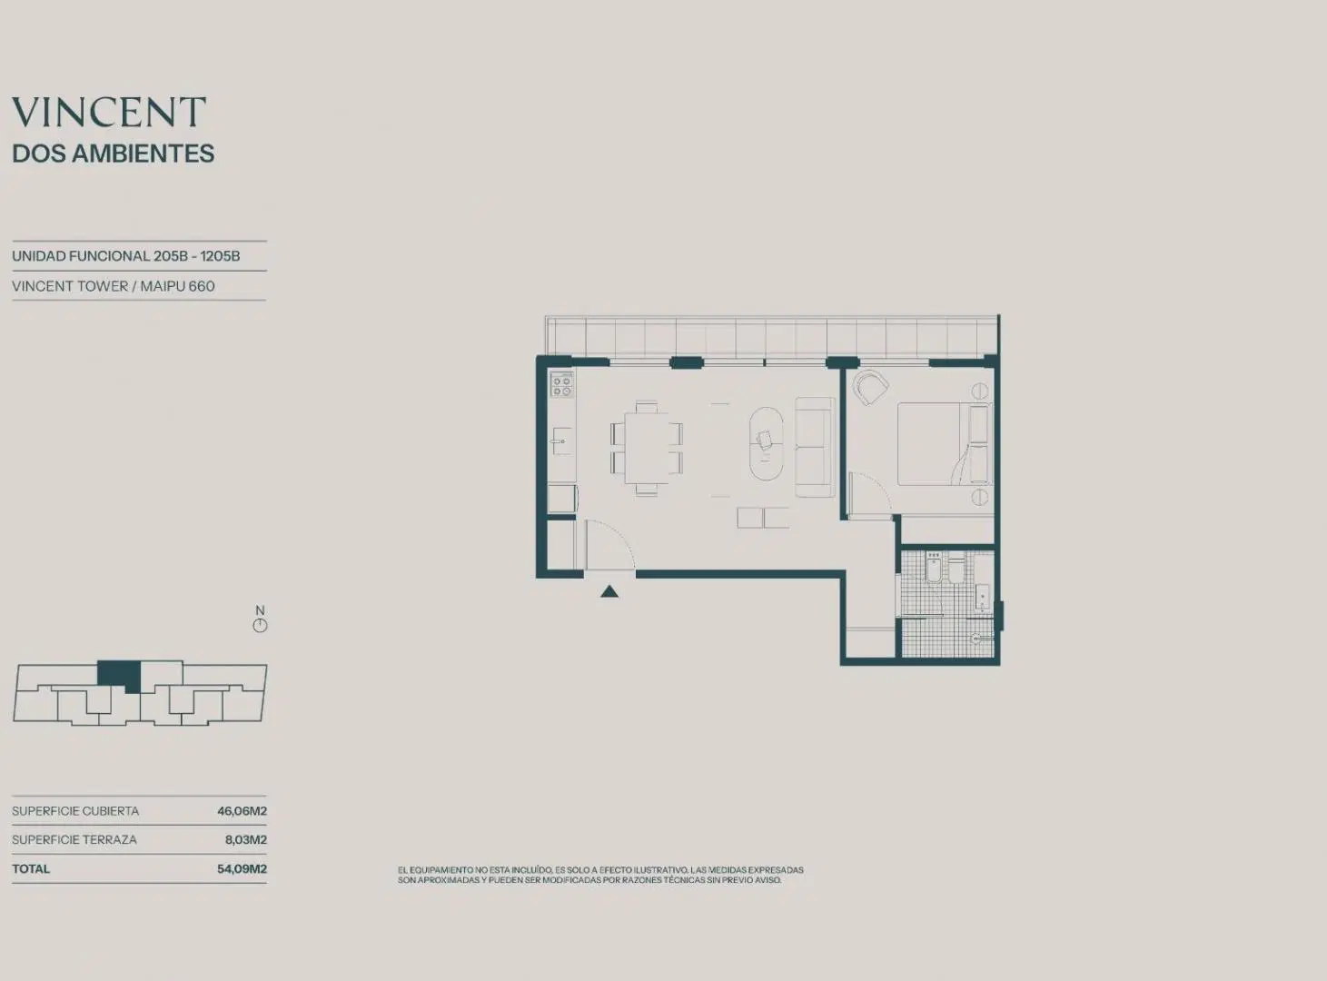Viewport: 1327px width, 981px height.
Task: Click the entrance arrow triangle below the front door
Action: pyautogui.click(x=609, y=591)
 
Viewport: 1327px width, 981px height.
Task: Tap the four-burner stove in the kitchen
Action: pyautogui.click(x=562, y=385)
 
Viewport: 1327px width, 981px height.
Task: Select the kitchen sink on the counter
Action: pyautogui.click(x=561, y=441)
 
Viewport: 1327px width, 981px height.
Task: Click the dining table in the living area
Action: pyautogui.click(x=646, y=448)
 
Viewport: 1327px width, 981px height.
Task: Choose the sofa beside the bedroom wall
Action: pyautogui.click(x=814, y=447)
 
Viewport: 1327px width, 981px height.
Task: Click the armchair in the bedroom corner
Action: pyautogui.click(x=870, y=387)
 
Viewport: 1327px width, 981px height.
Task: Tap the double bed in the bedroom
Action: pyautogui.click(x=945, y=443)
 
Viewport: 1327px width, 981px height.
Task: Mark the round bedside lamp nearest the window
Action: pyautogui.click(x=980, y=391)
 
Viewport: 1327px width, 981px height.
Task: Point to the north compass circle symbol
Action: pyautogui.click(x=260, y=626)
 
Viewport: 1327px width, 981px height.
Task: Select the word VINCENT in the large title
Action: pyautogui.click(x=109, y=112)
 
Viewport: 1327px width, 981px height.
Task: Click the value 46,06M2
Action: pyautogui.click(x=242, y=811)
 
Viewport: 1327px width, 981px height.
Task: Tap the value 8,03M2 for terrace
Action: pyautogui.click(x=246, y=839)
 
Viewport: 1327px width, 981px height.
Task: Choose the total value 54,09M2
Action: pyautogui.click(x=242, y=868)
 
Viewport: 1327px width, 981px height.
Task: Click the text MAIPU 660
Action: pyautogui.click(x=178, y=286)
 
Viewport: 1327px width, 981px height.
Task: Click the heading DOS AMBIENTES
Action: pyautogui.click(x=113, y=154)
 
